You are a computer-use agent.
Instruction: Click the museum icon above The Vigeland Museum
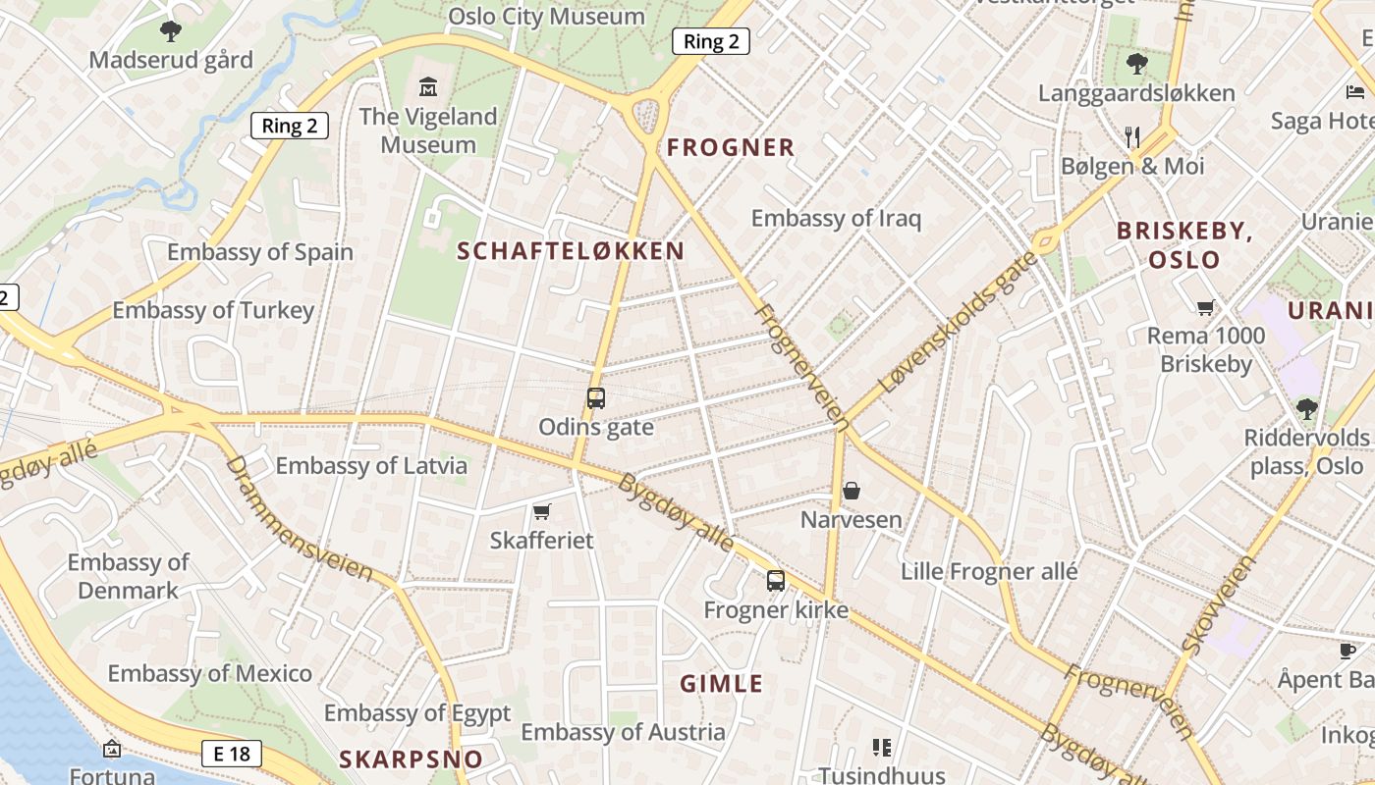(428, 86)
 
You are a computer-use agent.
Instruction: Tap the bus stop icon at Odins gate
(596, 398)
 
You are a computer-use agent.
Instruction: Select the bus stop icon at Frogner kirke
(776, 581)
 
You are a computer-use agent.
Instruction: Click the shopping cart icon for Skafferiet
(541, 511)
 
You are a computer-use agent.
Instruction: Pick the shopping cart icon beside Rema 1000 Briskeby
(1206, 307)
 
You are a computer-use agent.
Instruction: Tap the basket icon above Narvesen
(852, 491)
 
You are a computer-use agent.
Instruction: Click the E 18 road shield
(232, 754)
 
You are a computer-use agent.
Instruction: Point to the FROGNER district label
(731, 148)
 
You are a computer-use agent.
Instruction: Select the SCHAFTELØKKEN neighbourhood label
(571, 251)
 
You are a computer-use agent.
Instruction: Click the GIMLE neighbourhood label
(722, 684)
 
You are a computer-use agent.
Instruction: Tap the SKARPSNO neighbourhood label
(412, 759)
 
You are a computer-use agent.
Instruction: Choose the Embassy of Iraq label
(836, 218)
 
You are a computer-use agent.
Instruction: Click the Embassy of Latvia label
(371, 465)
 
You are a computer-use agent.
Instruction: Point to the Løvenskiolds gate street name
(959, 322)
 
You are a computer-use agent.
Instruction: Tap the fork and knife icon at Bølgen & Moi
(1132, 136)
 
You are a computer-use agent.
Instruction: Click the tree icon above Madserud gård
(171, 31)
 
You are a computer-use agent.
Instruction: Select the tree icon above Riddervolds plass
(1306, 408)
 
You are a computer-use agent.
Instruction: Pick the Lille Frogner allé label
(989, 571)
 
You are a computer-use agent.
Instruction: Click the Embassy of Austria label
(623, 732)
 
